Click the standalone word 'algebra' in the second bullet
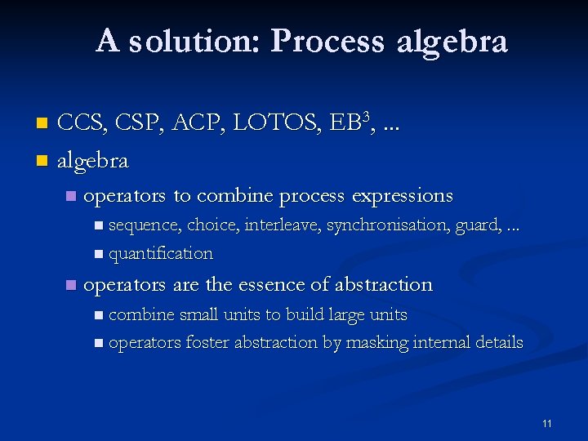pos(92,161)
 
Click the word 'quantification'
pos(161,253)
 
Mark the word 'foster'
pos(207,342)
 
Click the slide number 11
pos(546,423)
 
